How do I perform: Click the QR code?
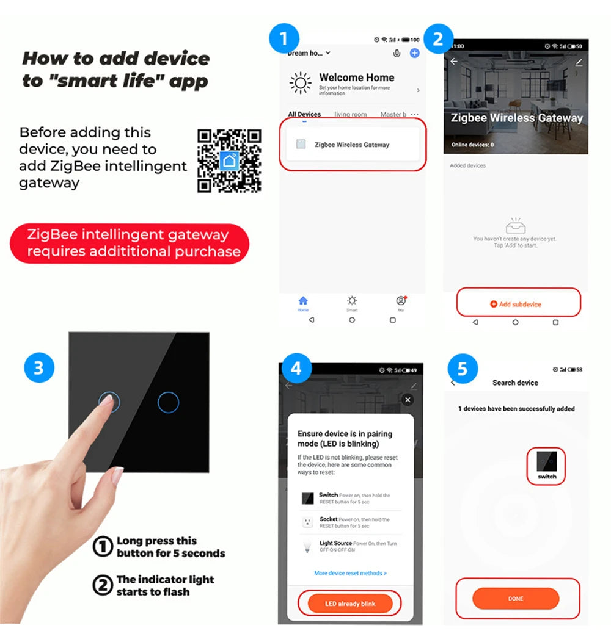point(229,161)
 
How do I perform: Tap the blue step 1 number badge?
point(284,39)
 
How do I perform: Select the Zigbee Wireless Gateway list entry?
point(351,145)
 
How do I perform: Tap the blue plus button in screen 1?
point(414,53)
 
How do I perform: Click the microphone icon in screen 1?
point(397,53)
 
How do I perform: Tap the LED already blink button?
point(349,604)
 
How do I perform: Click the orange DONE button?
point(516,599)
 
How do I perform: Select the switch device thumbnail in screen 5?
point(547,465)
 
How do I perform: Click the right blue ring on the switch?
point(168,402)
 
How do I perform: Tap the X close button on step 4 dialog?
point(408,400)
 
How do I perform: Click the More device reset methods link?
point(350,573)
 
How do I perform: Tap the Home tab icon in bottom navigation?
point(303,301)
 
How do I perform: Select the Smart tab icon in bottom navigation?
point(352,301)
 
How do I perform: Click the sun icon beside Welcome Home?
point(300,83)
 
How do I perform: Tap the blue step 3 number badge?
point(39,369)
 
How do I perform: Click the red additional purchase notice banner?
point(130,243)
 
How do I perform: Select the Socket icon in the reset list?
point(307,522)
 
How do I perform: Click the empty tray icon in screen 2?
point(516,226)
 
